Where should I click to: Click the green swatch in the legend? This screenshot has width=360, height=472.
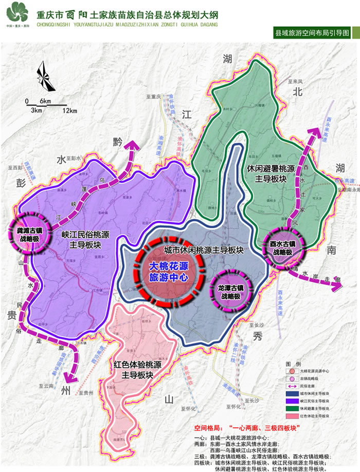coord(292,406)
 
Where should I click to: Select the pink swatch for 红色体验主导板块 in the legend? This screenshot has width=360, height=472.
coord(292,415)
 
